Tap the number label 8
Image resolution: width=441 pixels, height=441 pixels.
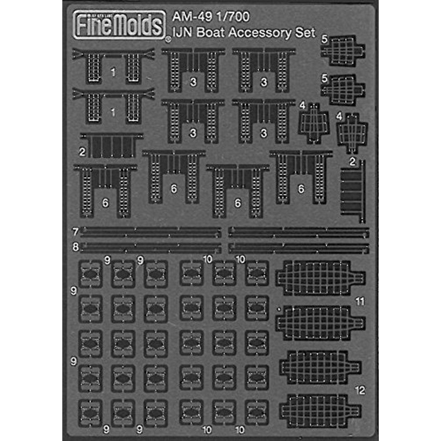pyautogui.click(x=76, y=245)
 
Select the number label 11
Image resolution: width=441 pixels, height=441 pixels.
pyautogui.click(x=361, y=300)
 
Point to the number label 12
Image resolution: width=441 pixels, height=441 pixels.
pyautogui.click(x=360, y=391)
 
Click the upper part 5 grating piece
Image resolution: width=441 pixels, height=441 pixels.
pyautogui.click(x=341, y=50)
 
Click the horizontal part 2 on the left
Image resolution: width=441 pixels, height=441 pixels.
pyautogui.click(x=111, y=145)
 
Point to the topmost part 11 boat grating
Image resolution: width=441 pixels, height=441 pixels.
pyautogui.click(x=320, y=275)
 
